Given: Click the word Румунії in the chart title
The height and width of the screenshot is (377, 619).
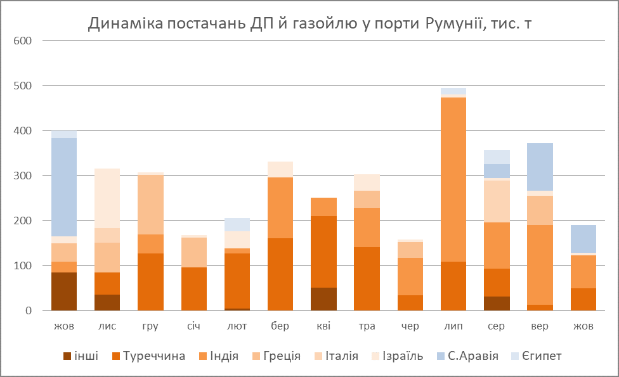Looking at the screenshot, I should (452, 24).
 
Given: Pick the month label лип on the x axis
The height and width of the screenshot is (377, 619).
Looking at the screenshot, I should (453, 326).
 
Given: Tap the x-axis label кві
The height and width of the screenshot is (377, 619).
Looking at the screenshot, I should (324, 326).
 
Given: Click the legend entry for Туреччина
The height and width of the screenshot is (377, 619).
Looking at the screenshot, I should (155, 356).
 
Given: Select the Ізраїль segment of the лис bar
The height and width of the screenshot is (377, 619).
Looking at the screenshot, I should (107, 198).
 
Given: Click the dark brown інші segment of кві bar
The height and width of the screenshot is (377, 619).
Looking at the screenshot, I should (324, 299).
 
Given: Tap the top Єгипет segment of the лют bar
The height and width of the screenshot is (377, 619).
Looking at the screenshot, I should (237, 224).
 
